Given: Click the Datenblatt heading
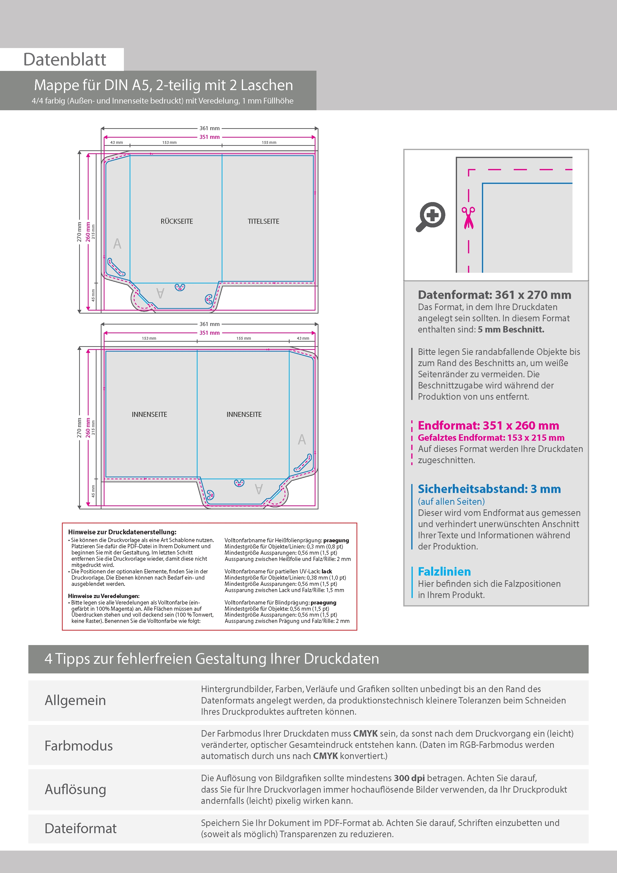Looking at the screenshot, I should (x=65, y=60).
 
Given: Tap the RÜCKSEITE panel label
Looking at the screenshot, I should (x=177, y=221).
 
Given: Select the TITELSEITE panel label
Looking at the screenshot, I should (x=263, y=221).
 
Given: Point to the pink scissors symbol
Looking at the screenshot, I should (x=468, y=218).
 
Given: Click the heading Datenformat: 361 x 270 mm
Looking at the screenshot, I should (x=494, y=295).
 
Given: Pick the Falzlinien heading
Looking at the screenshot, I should (x=444, y=571).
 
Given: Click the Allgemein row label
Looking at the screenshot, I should (x=75, y=700).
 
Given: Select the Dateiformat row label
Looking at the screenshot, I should (x=81, y=828).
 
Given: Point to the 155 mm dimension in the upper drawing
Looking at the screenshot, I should (x=269, y=143).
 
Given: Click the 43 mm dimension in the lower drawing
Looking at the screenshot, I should (x=303, y=338).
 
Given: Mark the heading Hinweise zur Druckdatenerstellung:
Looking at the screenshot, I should (x=122, y=532).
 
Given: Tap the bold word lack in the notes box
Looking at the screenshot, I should (x=327, y=571).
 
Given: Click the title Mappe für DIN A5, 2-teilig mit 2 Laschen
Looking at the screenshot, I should (x=163, y=85).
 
